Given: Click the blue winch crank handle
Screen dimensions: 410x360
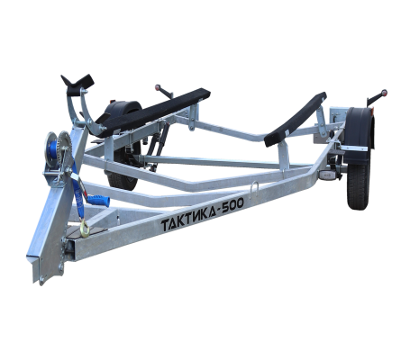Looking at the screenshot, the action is [98, 200].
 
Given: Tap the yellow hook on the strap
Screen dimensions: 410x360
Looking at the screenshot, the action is [85, 228].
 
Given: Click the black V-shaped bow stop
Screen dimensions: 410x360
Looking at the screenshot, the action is [77, 85].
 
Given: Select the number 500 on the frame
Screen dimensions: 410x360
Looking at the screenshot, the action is [232, 205].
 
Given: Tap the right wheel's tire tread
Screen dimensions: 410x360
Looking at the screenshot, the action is [358, 186].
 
